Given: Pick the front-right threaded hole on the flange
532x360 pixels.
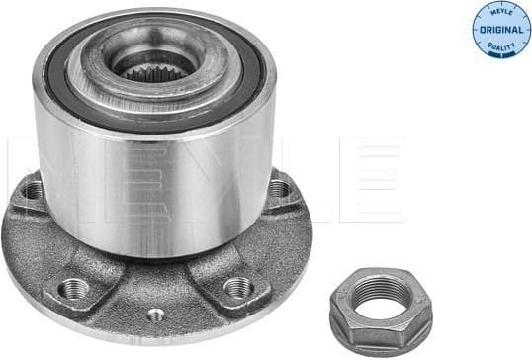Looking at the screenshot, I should [x=237, y=287].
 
